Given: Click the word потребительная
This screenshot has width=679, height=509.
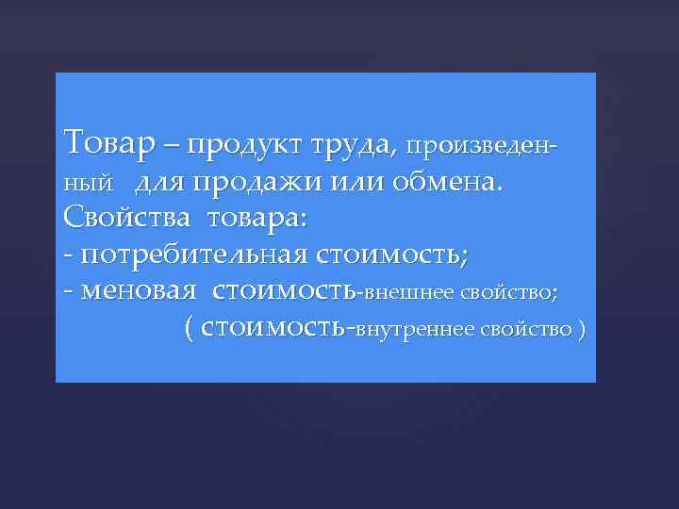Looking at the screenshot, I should coord(192,254).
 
